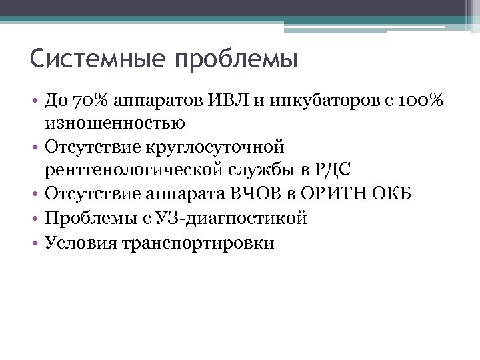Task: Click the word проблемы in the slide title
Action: pyautogui.click(x=235, y=61)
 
